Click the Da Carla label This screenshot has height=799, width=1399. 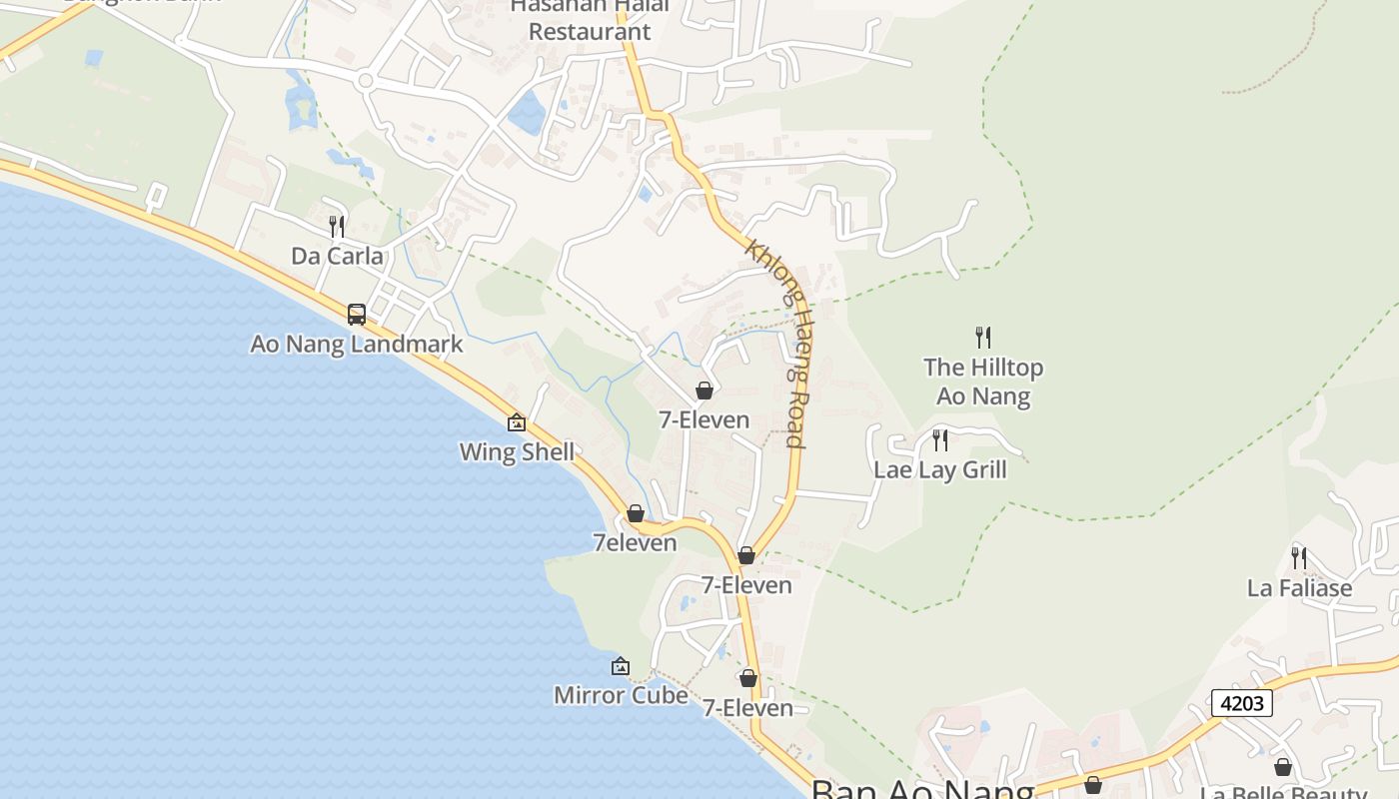(337, 257)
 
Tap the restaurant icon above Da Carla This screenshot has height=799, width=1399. (337, 227)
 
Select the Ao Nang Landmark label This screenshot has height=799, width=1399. (356, 345)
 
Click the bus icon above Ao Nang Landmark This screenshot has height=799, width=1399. (357, 315)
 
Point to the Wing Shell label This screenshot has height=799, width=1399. (517, 452)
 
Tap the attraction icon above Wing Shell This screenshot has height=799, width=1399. (517, 422)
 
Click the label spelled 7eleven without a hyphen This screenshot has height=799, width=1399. (635, 543)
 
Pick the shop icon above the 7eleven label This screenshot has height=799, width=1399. (636, 514)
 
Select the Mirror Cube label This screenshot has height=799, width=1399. (621, 695)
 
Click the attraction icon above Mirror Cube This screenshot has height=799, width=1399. (621, 666)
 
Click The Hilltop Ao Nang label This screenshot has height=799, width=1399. (983, 382)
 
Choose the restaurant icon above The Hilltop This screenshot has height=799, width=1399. (983, 338)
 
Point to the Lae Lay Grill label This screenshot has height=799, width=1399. (940, 470)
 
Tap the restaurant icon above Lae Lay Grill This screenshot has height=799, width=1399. (940, 439)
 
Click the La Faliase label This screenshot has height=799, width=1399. (1299, 588)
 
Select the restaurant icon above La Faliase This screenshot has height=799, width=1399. (1299, 557)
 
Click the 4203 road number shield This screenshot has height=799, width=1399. (1242, 703)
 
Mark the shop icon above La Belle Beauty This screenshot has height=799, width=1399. (1283, 767)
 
